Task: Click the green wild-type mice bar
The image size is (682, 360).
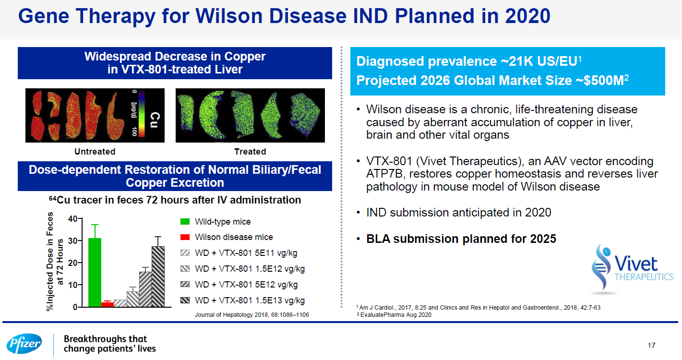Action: [95, 272]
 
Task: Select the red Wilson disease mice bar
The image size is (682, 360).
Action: [108, 304]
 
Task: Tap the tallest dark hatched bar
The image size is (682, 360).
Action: [158, 276]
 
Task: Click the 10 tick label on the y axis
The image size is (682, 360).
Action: [72, 285]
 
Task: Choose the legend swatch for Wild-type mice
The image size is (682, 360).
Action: [185, 222]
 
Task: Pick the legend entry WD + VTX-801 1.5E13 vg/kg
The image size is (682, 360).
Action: [243, 300]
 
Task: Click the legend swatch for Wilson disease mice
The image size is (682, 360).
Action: [185, 237]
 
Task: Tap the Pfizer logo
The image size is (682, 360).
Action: [24, 344]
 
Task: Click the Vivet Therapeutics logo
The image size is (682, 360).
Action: [632, 268]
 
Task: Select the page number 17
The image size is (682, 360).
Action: [651, 346]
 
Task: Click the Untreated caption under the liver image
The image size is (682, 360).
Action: [95, 152]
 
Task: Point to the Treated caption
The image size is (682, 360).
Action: [250, 152]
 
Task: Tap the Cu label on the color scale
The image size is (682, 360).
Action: [155, 120]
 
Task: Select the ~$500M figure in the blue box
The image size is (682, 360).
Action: [602, 81]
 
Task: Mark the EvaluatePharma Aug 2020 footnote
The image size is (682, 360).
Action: [394, 315]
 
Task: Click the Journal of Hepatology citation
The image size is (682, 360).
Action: [252, 315]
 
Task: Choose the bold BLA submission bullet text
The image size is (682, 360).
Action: [461, 239]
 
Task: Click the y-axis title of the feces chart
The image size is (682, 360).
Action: [55, 261]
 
